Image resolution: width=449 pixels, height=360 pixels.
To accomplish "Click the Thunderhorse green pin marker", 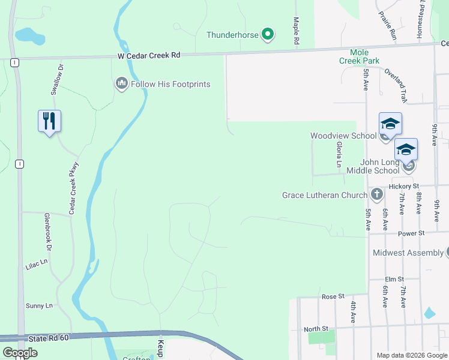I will click(268, 35).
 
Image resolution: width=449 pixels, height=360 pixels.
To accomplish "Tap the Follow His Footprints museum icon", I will click(122, 83).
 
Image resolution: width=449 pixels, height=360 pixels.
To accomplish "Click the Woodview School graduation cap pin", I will click(390, 124).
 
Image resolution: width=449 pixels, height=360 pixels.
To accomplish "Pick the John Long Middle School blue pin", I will click(406, 149).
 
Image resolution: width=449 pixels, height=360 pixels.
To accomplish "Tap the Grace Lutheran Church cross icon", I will click(376, 194).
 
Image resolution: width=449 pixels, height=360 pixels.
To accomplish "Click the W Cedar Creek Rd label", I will click(149, 55).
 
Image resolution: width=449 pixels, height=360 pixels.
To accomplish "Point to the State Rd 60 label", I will click(49, 338).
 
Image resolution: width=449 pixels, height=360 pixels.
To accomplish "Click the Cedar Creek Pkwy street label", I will click(73, 188).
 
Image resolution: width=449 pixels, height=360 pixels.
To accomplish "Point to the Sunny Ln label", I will click(40, 306).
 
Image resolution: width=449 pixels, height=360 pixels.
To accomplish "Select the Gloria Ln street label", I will click(338, 155).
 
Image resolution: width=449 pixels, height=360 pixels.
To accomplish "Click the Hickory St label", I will click(403, 187).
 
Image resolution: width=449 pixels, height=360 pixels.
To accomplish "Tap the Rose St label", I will click(333, 296).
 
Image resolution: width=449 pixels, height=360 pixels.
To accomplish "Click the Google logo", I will click(20, 353).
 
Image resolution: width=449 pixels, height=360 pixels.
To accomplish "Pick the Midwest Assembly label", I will click(408, 253).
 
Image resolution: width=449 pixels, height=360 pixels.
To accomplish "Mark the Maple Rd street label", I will click(296, 31).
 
